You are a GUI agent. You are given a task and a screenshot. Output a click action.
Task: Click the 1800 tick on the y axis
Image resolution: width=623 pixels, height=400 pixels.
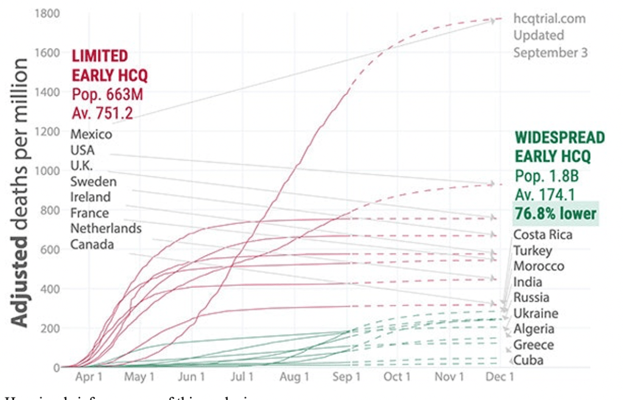47,12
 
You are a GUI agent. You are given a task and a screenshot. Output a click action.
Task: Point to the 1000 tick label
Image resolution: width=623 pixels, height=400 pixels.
47,170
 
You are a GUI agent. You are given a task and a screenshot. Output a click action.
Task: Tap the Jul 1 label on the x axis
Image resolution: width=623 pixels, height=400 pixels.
243,377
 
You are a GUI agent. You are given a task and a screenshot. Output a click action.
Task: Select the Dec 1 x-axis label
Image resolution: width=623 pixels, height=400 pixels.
500,377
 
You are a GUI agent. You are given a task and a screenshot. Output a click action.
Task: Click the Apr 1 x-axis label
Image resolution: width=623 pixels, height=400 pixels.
88,377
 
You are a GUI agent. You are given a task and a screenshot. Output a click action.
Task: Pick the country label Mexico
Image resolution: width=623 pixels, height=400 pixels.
91,134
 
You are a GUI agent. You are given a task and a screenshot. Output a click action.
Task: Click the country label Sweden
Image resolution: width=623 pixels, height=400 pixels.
93,181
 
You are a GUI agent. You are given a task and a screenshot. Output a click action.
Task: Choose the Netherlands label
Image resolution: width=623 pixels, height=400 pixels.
106,229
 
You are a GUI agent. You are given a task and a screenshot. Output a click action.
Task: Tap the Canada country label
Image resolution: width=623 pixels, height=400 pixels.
91,245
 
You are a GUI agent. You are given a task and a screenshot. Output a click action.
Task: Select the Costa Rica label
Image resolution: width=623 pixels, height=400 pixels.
543,235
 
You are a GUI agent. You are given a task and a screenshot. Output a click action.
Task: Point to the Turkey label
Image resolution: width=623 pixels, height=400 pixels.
533,251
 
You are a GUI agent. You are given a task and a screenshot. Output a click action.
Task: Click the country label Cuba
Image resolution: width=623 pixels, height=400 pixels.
529,360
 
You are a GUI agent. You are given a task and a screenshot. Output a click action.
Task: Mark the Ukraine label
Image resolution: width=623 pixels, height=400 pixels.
535,314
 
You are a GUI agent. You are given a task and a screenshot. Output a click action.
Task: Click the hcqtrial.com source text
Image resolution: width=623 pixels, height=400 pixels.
549,18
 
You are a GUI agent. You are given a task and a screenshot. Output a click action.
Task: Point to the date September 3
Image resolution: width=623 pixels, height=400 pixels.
550,52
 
